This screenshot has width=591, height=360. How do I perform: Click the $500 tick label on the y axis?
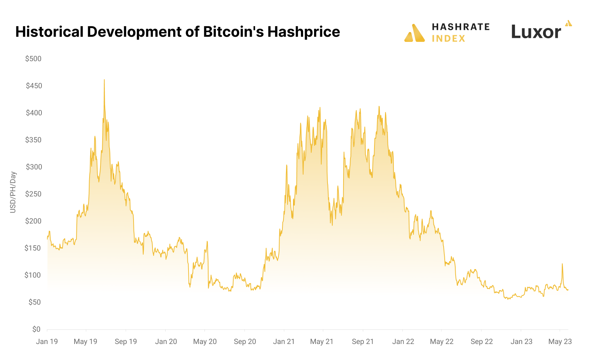tap(33, 59)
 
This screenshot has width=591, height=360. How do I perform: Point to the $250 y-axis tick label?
tap(33, 194)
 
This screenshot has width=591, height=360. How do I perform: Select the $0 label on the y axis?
tap(36, 329)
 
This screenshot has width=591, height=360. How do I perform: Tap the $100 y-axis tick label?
tap(33, 275)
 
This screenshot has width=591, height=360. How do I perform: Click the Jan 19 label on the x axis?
tap(47, 341)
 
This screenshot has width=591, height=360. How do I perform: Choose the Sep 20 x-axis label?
tap(245, 341)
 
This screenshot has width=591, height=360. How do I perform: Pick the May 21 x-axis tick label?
tap(322, 341)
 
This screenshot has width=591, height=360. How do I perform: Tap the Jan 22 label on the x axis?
tap(403, 341)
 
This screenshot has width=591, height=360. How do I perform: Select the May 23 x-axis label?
tap(560, 341)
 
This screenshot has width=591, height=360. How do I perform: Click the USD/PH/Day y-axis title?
tap(13, 192)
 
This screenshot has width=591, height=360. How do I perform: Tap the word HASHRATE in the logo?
tap(461, 27)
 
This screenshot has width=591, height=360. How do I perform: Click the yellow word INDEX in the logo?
tap(448, 39)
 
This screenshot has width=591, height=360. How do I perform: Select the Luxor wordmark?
tap(536, 32)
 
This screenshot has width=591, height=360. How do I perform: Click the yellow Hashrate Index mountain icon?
tap(415, 33)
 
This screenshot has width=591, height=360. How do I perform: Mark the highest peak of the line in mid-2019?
tap(104, 80)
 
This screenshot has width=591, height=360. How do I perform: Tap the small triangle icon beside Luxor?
tap(568, 23)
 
